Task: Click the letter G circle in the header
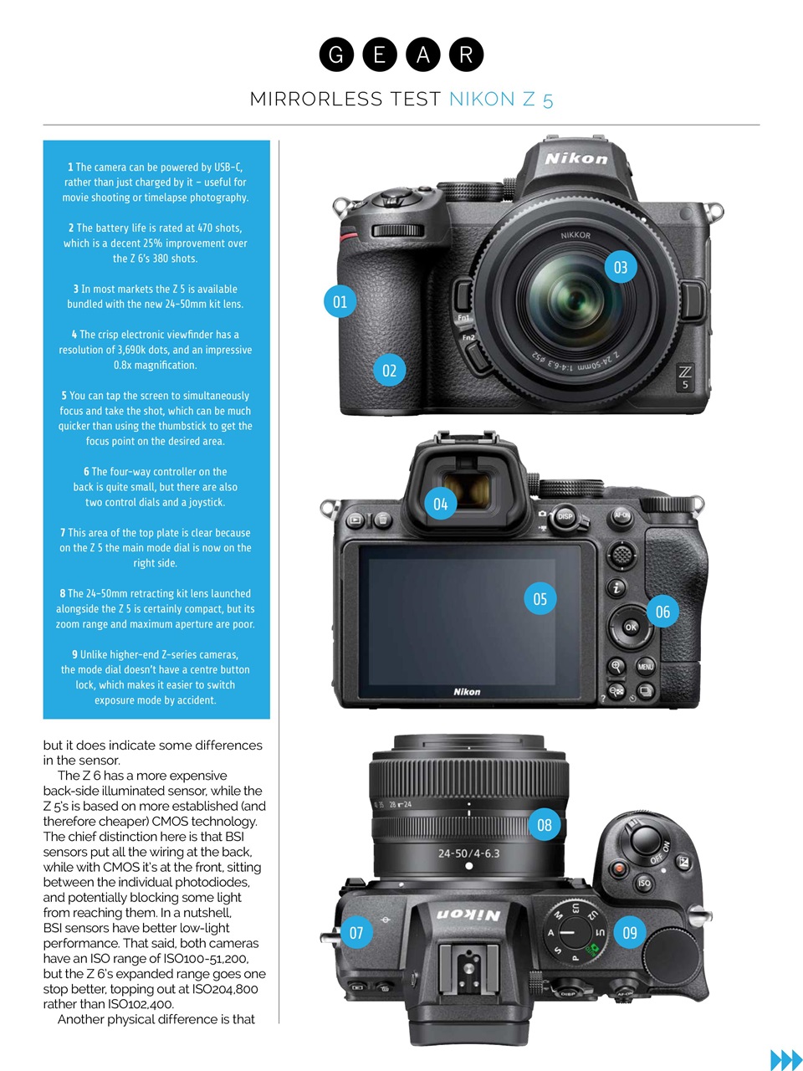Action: [x=336, y=55]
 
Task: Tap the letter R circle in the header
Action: [x=466, y=55]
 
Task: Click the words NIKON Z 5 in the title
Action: [x=501, y=100]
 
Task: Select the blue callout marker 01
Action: [x=340, y=301]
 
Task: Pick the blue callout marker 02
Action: [x=389, y=370]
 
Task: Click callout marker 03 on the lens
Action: [x=621, y=267]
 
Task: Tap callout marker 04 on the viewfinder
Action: [x=440, y=504]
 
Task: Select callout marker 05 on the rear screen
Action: [x=540, y=598]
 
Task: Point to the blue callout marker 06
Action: [x=662, y=612]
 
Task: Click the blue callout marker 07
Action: [x=356, y=932]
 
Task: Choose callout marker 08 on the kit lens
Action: [x=544, y=825]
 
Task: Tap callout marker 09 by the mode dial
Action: [x=630, y=932]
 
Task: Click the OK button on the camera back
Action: [x=631, y=627]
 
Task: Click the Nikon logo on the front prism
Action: [x=576, y=158]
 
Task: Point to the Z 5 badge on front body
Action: [x=685, y=377]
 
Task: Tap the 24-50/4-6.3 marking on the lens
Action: [x=468, y=853]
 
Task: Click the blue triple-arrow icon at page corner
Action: [x=785, y=1059]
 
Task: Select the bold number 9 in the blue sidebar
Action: [x=74, y=654]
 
